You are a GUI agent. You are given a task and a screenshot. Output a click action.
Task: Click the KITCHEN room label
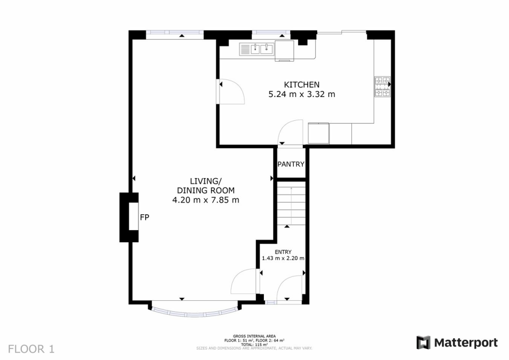[301, 85]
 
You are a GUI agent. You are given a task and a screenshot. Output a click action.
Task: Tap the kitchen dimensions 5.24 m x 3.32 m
[301, 94]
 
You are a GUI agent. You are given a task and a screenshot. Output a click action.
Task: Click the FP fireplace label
[144, 217]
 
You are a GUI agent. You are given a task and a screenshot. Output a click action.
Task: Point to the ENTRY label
[283, 252]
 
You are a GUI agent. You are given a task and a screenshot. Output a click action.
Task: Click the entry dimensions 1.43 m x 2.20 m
[283, 259]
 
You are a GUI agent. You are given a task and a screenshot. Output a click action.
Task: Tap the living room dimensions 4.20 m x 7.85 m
[206, 200]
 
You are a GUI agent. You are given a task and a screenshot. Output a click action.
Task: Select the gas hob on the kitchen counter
[383, 86]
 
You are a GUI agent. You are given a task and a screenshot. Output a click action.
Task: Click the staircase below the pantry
[290, 204]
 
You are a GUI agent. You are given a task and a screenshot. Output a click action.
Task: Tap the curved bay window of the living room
[194, 312]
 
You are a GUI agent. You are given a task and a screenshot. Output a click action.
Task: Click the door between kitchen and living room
[231, 92]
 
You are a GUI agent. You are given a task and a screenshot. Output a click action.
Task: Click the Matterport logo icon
[423, 343]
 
